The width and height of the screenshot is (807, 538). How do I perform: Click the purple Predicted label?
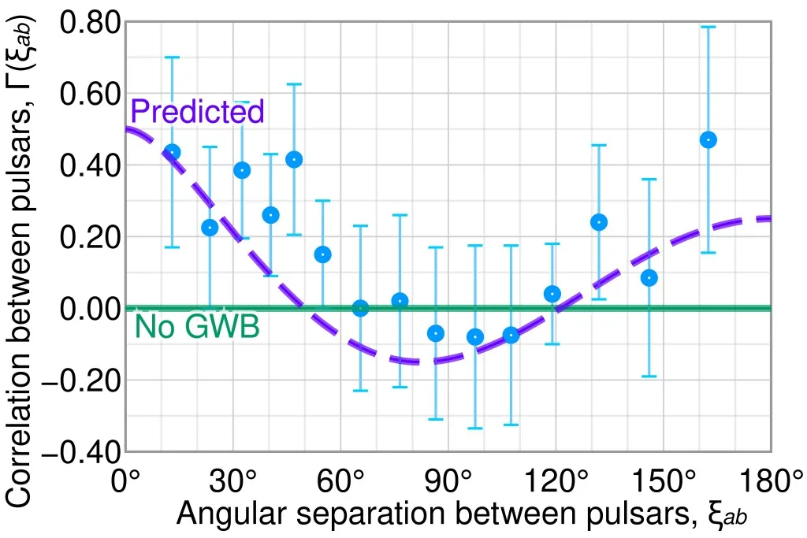pos(198,112)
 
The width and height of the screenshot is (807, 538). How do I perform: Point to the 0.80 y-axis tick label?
pos(90,24)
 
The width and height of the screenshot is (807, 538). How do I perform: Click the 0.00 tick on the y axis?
pos(90,309)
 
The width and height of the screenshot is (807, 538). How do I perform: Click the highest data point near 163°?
pos(708,139)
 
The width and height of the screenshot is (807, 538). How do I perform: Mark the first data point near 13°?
pos(172,152)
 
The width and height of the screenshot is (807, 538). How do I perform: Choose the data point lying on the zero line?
pos(361,308)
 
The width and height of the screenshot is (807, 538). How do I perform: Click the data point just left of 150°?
pos(649,277)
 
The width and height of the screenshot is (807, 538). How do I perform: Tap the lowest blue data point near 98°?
pos(475,337)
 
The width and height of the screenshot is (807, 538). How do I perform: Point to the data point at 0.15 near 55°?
pos(322,254)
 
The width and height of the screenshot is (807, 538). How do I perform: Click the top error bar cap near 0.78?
pos(708,27)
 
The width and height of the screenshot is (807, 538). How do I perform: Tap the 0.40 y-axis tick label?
pos(90,166)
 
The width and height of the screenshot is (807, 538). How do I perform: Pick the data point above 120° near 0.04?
pos(552,294)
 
